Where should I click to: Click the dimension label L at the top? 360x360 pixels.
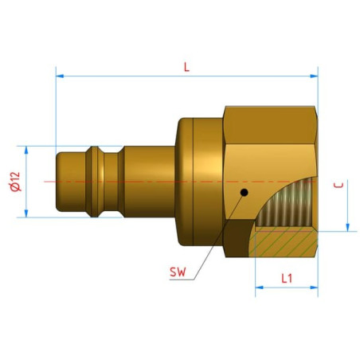(x=186, y=67)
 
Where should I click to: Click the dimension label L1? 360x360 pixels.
(x=287, y=278)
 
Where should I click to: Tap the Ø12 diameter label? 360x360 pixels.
(x=15, y=182)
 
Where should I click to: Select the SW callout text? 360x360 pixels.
(x=178, y=272)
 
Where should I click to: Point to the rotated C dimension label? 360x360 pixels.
(x=338, y=185)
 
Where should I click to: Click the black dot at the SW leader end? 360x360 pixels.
(x=244, y=192)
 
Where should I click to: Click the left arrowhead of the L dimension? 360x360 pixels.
(x=60, y=76)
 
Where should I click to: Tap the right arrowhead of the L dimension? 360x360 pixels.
(x=314, y=76)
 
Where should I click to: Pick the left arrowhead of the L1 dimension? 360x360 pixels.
(x=259, y=288)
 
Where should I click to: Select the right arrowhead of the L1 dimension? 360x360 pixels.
(x=314, y=288)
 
